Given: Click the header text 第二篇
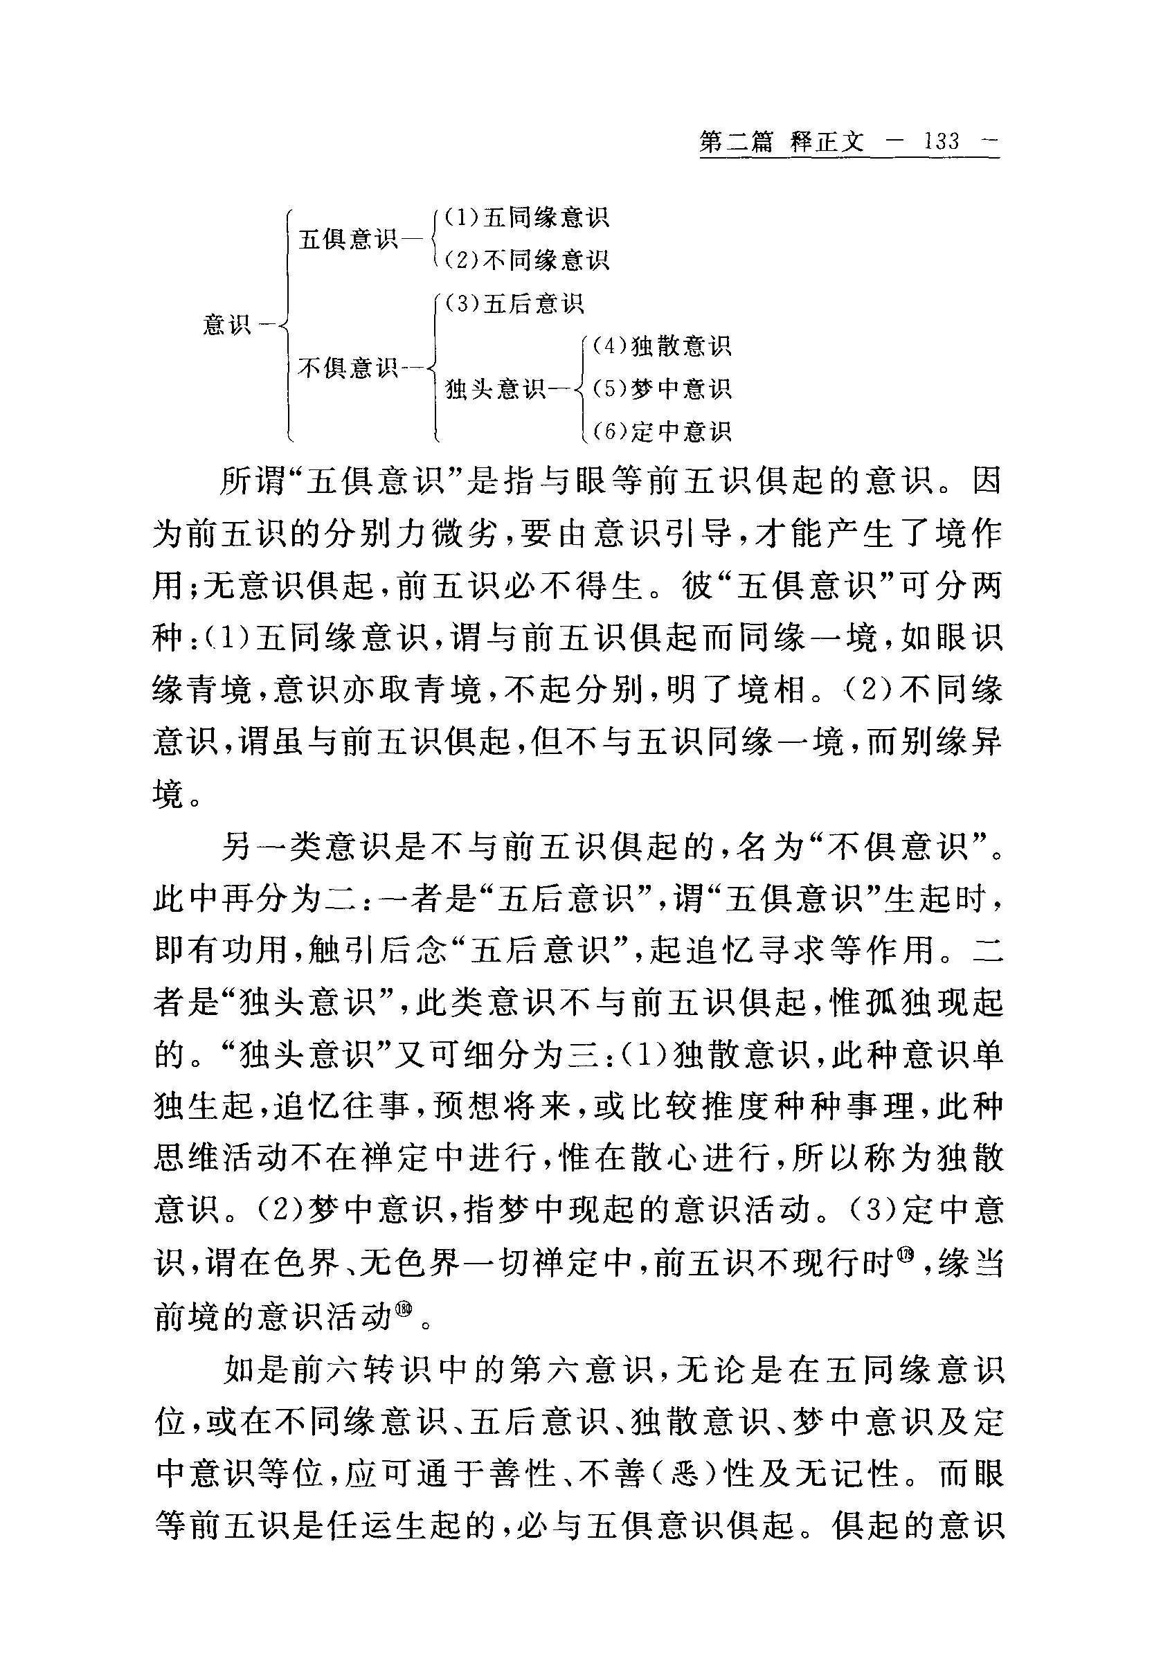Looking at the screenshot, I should (x=735, y=141).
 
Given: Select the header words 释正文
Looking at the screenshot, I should (x=827, y=141).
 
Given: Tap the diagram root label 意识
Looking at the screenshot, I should (x=226, y=325).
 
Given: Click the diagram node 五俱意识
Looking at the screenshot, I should (x=348, y=239).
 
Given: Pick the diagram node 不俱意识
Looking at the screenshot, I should (x=348, y=368).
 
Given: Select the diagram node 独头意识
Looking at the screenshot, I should (x=496, y=389).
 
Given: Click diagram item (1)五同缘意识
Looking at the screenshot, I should (x=526, y=217).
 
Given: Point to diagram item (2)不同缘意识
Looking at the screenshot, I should (x=526, y=260).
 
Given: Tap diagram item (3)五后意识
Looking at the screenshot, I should (x=513, y=304).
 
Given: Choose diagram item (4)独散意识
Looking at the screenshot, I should (x=662, y=346).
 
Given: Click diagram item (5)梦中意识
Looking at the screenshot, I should (x=662, y=389).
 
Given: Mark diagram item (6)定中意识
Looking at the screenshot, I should (x=662, y=431).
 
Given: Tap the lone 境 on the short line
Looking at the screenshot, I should (x=170, y=794).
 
